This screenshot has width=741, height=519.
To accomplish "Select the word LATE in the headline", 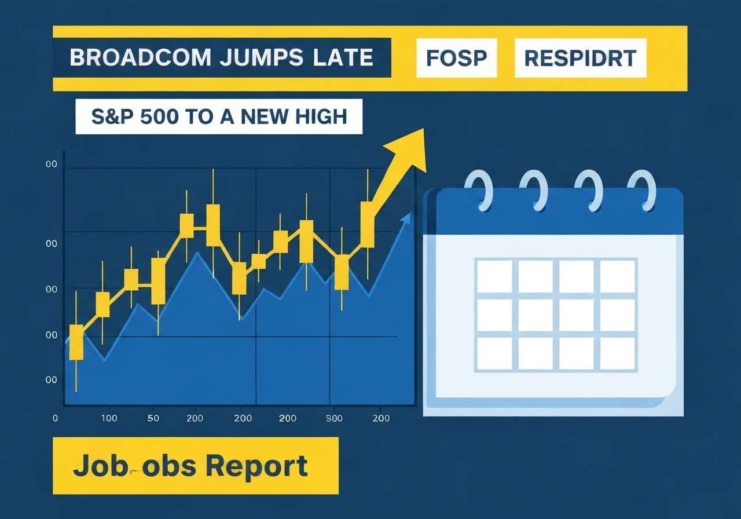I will tap(343, 58).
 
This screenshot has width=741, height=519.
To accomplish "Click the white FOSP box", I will tap(456, 58).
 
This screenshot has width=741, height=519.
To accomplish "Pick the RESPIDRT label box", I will tap(580, 58).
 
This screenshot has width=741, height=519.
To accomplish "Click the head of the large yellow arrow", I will tap(410, 149).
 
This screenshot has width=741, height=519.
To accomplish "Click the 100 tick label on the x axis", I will tap(109, 418).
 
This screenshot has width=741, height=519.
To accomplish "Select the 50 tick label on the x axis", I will tap(153, 418).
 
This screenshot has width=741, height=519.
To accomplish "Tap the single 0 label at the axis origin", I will tap(56, 418).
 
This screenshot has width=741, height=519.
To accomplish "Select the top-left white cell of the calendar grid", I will tap(494, 276).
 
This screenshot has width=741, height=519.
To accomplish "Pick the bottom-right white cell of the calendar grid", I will tap(618, 353).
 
